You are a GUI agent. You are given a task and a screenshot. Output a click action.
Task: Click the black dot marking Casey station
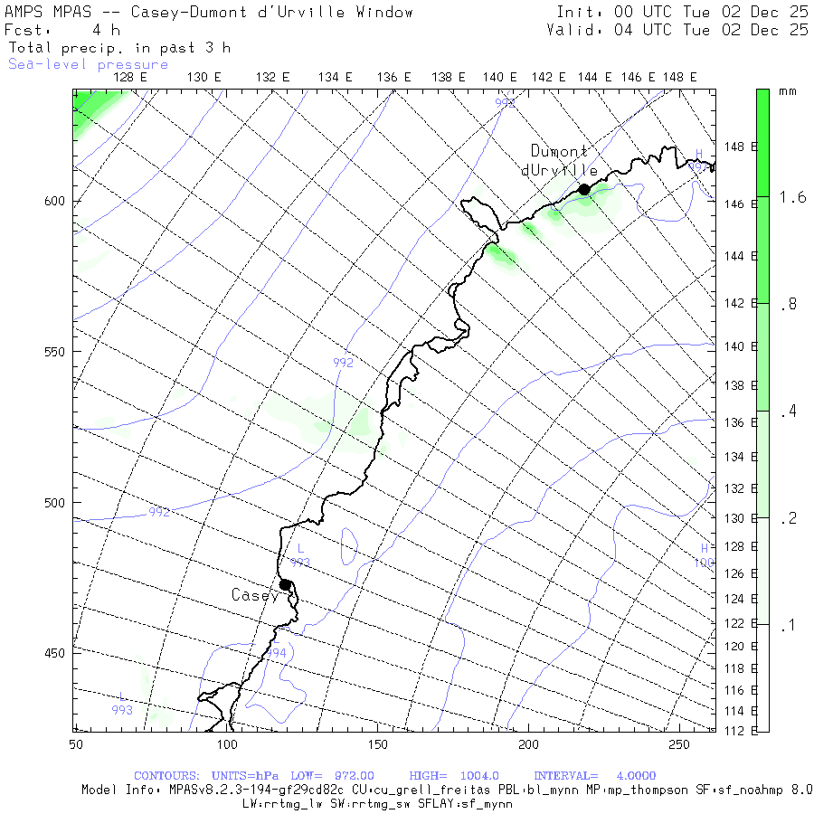[x=285, y=584]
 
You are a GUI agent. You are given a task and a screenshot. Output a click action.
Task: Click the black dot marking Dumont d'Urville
[x=584, y=189]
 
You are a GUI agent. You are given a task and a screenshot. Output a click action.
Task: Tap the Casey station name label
[x=255, y=595]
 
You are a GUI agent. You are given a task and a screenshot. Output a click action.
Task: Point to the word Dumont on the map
[x=559, y=151]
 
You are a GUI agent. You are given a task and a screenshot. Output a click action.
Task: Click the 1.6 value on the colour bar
[x=793, y=197]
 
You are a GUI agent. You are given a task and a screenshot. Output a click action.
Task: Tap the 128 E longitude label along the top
[x=130, y=77]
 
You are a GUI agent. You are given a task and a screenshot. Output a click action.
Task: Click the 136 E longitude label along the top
[x=394, y=77]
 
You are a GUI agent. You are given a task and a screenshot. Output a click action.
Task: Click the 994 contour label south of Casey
[x=276, y=653]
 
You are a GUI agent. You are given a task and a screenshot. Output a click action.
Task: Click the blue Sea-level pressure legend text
[x=89, y=64]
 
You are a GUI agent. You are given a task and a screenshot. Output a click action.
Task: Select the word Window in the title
[x=385, y=12]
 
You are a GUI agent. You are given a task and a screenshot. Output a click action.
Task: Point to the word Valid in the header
[x=573, y=30]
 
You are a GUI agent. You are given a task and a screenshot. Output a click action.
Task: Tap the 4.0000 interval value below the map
[x=629, y=776]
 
